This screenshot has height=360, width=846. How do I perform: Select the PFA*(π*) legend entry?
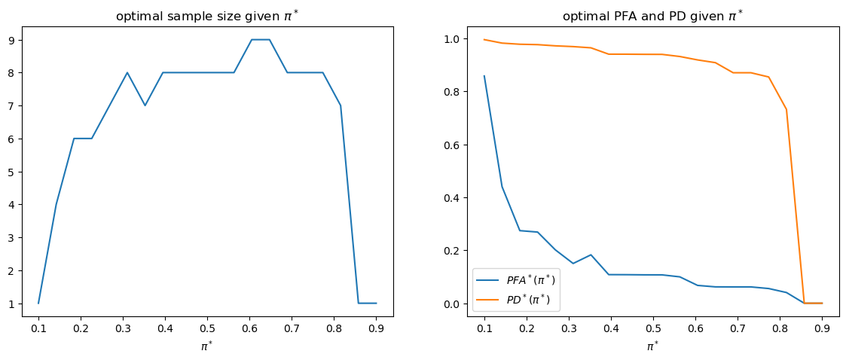pos(527,280)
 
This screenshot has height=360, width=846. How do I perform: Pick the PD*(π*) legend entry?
pos(527,299)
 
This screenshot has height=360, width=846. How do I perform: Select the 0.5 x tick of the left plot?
pos(207,329)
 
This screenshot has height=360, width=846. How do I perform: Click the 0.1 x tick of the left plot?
pos(38,329)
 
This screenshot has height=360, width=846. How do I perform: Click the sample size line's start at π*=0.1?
pos(38,303)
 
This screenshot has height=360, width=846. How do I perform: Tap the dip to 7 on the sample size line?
pos(145,105)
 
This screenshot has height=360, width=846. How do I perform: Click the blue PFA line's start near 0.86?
pos(484,76)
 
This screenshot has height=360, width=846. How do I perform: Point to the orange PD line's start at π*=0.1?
pos(484,39)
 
